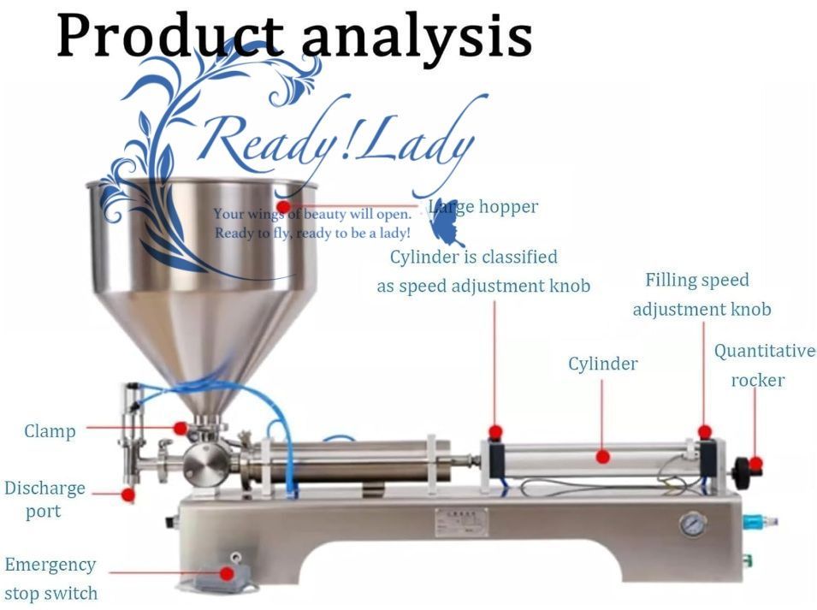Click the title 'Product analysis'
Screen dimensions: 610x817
point(294,36)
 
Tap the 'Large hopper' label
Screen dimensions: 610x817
point(484,207)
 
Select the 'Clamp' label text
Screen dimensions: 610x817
point(50,431)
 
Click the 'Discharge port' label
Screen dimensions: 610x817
point(44,499)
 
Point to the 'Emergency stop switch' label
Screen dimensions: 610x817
point(50,578)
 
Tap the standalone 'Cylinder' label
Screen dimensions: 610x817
point(602,364)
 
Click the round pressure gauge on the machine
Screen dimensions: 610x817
point(693,524)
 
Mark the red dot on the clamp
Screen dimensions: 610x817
point(181,428)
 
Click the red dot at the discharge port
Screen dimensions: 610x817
point(128,494)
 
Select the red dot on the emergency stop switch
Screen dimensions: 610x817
point(227,573)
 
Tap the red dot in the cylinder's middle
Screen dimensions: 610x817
point(602,457)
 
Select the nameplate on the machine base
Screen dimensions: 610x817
point(461,521)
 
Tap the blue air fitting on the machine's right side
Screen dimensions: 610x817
point(750,519)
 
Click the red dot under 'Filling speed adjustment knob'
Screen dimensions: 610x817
point(704,432)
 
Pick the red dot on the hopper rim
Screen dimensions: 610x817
point(283,206)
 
